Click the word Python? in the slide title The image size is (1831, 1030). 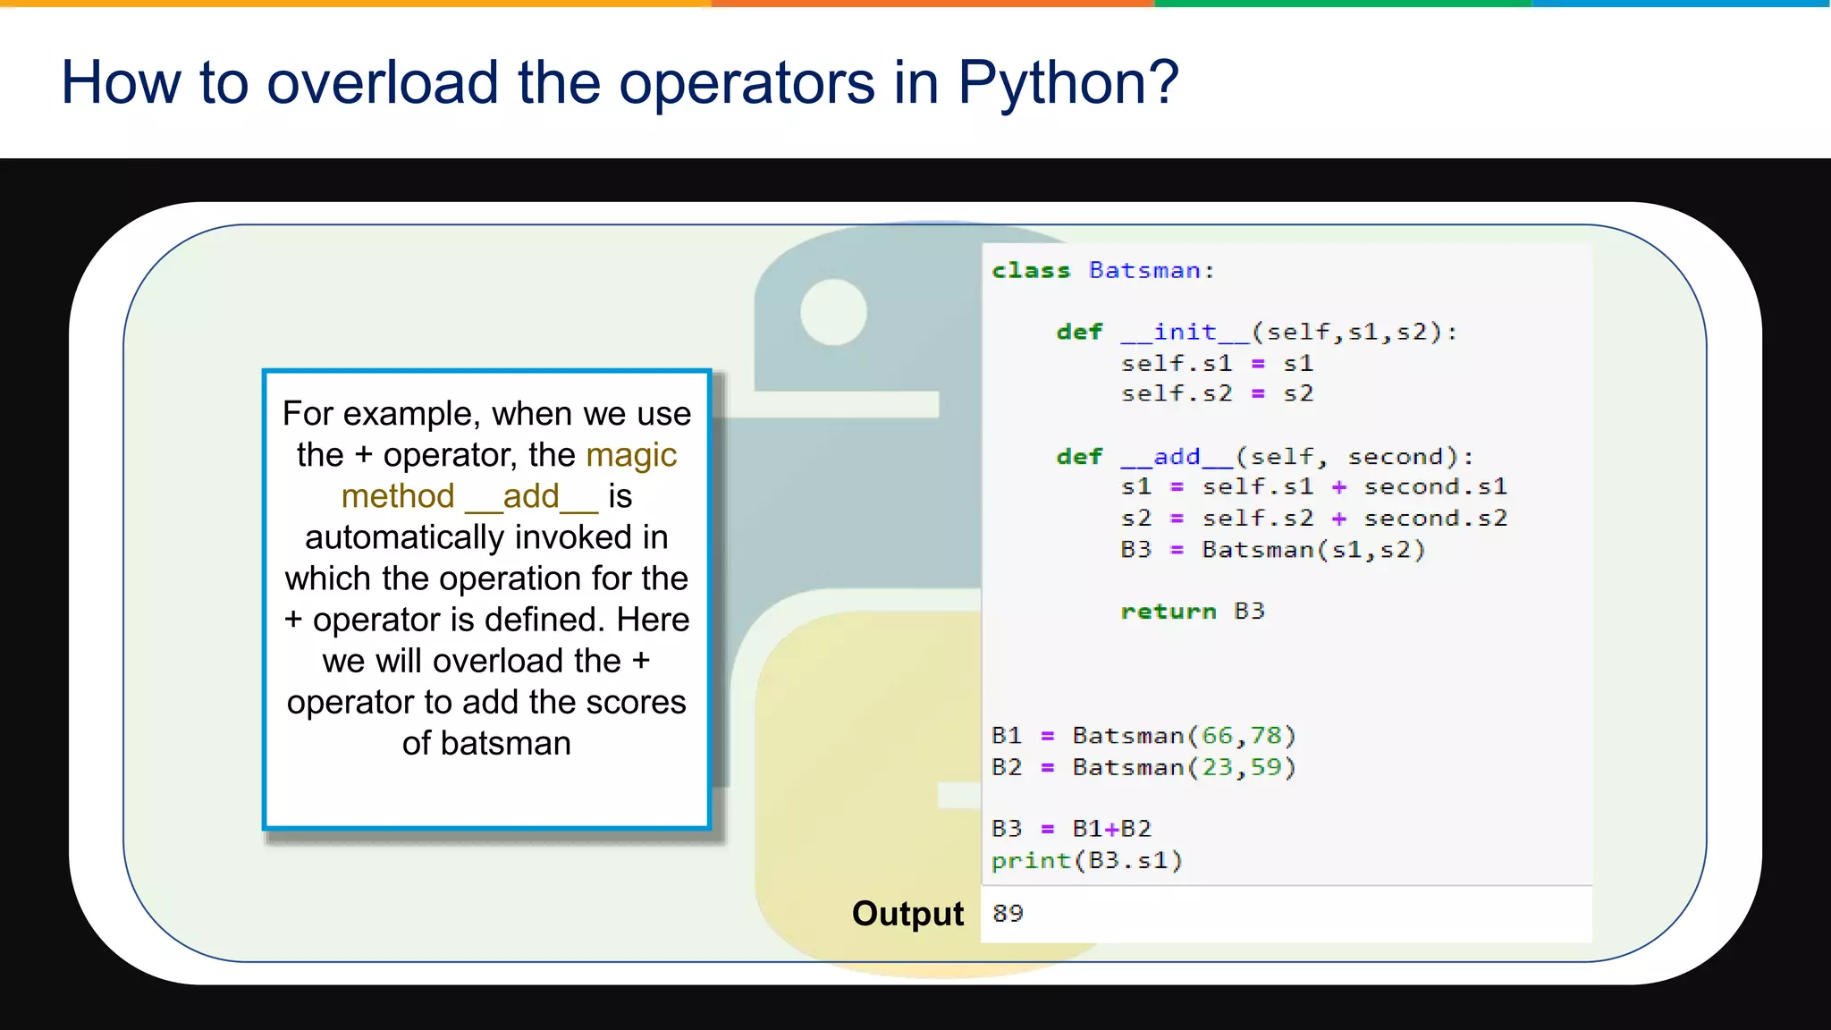point(1067,83)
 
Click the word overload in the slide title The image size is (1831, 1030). point(382,83)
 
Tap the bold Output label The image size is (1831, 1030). point(907,914)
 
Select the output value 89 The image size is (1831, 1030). point(1008,913)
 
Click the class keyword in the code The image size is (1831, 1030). point(1031,270)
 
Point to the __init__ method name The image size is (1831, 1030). point(1185,332)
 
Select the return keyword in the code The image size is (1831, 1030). point(1169,611)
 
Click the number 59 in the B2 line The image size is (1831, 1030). point(1265,767)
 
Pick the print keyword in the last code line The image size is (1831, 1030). point(1031,860)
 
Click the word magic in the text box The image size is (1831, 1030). point(631,455)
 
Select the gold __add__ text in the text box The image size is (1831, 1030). point(531,496)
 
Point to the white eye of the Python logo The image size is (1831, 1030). point(833,311)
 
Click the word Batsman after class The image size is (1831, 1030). point(1144,270)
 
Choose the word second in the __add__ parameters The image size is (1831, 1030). point(1396,456)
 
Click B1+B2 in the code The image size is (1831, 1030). point(1111,829)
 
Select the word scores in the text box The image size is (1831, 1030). point(636,702)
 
